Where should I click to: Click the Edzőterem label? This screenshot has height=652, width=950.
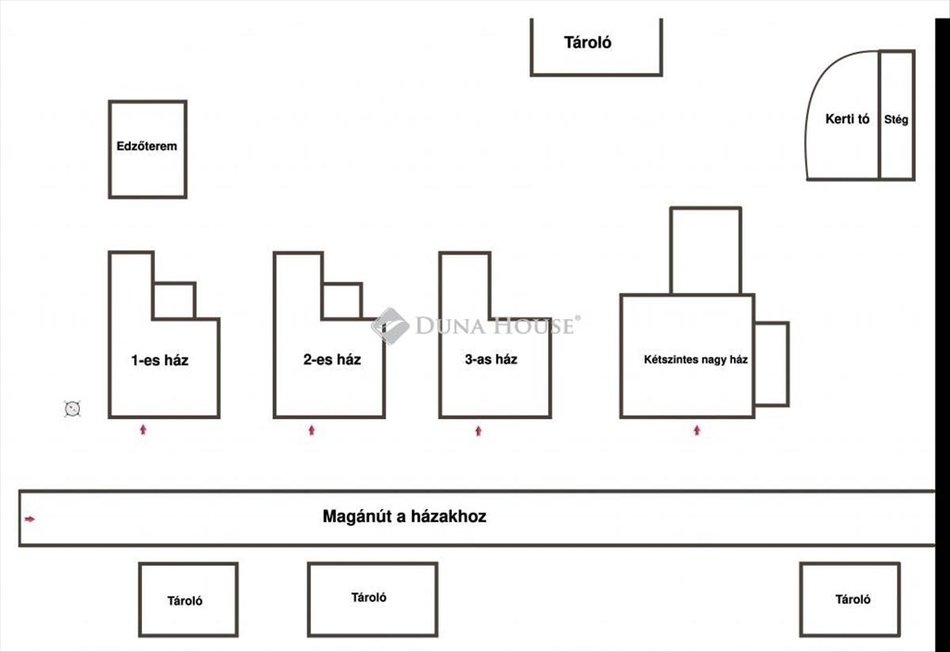(146, 146)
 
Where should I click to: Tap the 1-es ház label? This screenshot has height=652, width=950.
(159, 361)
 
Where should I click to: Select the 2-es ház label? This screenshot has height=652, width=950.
(332, 359)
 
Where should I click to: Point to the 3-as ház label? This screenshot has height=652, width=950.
(491, 359)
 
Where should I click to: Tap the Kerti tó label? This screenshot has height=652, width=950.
(847, 119)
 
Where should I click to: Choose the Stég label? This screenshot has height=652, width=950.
(897, 120)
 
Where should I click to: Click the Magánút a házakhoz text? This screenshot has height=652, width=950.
(405, 517)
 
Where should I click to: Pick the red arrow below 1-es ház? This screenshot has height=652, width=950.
(143, 430)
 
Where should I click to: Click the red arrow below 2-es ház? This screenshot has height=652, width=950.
(311, 430)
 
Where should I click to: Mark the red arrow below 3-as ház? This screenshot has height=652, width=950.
(478, 430)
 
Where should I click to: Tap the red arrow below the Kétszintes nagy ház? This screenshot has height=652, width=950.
(697, 430)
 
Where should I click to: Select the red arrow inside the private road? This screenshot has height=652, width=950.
(30, 519)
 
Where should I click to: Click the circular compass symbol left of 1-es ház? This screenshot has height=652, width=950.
(73, 408)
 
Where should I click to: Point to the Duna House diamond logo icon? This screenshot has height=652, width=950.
(389, 325)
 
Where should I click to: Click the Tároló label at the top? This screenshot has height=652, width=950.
(587, 43)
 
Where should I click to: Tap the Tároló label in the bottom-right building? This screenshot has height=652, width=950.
(853, 600)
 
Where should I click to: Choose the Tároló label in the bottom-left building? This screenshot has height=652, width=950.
(184, 601)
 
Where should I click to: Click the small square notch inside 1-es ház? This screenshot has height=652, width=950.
(174, 301)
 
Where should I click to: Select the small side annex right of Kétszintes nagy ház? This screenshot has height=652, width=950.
(771, 363)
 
